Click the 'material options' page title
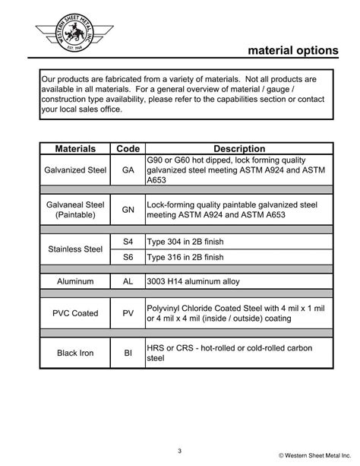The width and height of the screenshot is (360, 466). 292,50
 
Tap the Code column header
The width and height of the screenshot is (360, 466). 127,149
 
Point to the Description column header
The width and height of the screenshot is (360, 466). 238,149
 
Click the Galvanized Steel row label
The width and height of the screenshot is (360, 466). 74,170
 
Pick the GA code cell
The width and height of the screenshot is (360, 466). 127,170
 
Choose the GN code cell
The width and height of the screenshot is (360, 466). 127,210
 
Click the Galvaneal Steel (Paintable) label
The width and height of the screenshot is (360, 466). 74,210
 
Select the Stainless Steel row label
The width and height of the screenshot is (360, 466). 74,249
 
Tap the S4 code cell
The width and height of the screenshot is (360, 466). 127,241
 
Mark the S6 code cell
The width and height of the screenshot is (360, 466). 127,257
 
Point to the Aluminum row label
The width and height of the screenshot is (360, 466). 74,281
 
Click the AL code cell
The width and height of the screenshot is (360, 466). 127,281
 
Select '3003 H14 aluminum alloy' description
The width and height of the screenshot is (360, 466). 193,281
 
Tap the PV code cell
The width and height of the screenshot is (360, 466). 127,312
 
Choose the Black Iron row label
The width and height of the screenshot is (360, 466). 74,352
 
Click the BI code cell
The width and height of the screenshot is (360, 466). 127,352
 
